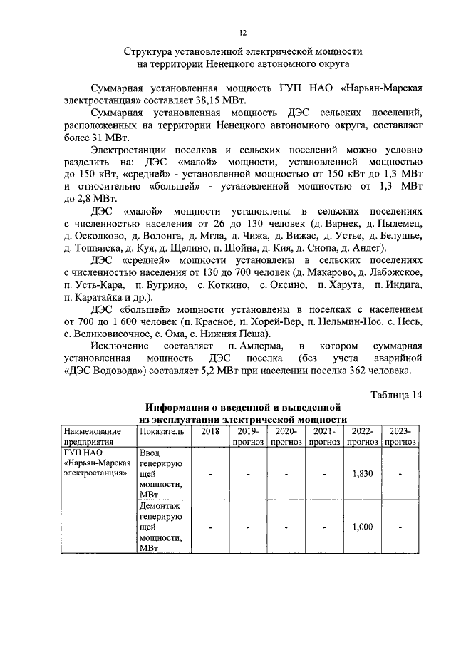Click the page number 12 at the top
242,33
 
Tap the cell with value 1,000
362,527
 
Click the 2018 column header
209,431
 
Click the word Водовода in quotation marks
118,371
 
